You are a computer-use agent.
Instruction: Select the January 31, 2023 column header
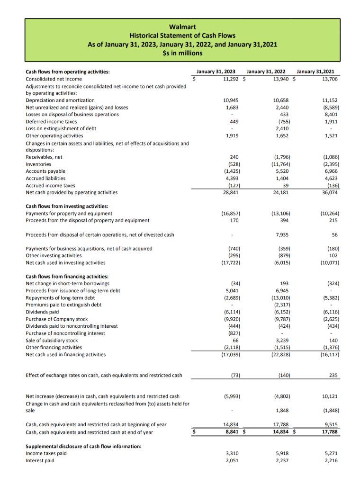tap(216, 72)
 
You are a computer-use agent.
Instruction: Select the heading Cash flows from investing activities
tap(67, 206)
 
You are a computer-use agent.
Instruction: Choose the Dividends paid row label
tap(42, 312)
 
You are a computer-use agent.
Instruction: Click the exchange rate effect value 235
tap(333, 375)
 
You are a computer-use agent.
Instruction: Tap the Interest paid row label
tap(40, 460)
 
